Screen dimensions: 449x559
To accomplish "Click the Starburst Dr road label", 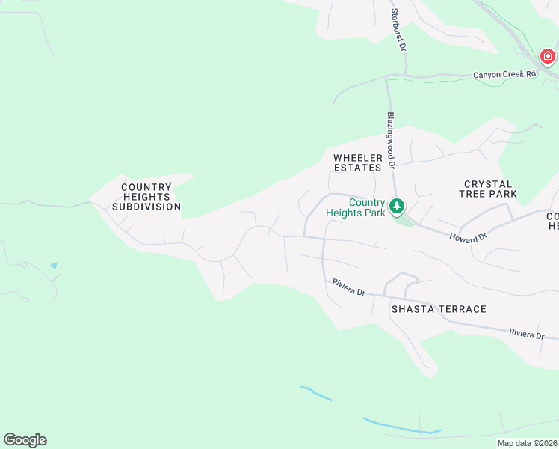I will pyautogui.click(x=399, y=30).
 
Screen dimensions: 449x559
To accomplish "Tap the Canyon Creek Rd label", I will pyautogui.click(x=505, y=75).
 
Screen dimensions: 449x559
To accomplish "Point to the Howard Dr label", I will pyautogui.click(x=468, y=237).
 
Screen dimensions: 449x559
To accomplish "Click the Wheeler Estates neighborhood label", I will pyautogui.click(x=358, y=162).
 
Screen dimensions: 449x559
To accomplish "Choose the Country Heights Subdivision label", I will pyautogui.click(x=151, y=196).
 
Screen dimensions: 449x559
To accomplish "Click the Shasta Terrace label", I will pyautogui.click(x=439, y=309).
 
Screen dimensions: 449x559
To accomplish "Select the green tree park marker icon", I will pyautogui.click(x=397, y=205).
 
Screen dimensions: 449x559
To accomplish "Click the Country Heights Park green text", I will pyautogui.click(x=356, y=207).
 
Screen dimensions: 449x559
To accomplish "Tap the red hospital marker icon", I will pyautogui.click(x=548, y=57).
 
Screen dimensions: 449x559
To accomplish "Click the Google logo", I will pyautogui.click(x=25, y=440).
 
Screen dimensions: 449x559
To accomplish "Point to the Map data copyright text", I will pyautogui.click(x=528, y=443).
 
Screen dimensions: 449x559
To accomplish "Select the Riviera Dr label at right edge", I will pyautogui.click(x=527, y=334).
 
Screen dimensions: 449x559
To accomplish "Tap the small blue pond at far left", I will pyautogui.click(x=52, y=266).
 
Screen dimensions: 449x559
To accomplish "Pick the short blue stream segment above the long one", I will pyautogui.click(x=315, y=392).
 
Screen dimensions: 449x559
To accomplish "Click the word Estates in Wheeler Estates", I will pyautogui.click(x=358, y=168).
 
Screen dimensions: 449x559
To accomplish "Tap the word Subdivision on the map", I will pyautogui.click(x=151, y=206).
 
